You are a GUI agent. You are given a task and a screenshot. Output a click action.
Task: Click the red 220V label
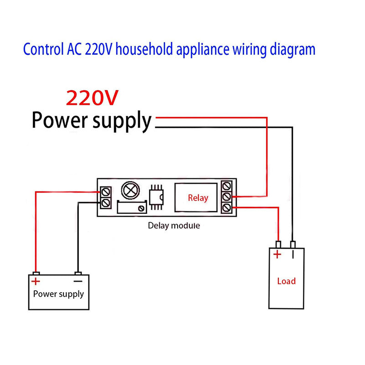tap(93, 97)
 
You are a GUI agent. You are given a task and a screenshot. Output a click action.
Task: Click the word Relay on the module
tap(198, 198)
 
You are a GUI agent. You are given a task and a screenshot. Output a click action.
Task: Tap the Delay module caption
tap(174, 225)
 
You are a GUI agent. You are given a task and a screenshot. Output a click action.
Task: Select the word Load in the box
tap(286, 281)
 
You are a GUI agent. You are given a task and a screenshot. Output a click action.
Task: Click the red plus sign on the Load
tap(276, 255)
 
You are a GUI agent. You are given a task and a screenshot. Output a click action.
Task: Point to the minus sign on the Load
tap(292, 254)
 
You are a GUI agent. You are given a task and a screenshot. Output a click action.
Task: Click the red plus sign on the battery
tap(36, 282)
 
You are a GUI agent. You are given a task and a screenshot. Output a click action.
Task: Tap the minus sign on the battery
tap(78, 281)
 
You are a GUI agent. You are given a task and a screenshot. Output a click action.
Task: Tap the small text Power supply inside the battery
tap(58, 293)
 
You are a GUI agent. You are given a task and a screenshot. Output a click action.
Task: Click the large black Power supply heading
tap(91, 121)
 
